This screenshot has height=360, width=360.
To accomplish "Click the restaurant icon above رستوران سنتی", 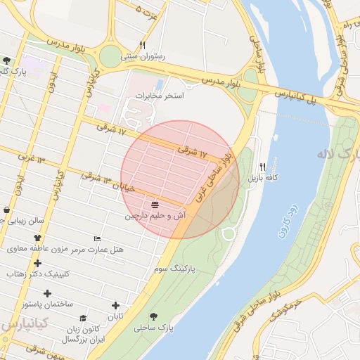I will [x=143, y=44].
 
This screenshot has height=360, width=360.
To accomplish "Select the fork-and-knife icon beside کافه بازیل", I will [x=262, y=167].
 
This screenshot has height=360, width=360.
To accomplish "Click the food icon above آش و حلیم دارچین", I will [x=154, y=205].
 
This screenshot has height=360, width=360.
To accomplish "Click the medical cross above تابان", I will [x=116, y=304].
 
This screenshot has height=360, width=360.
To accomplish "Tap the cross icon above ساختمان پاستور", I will [x=47, y=292].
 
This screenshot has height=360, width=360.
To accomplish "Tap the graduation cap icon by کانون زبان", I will [x=82, y=318].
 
